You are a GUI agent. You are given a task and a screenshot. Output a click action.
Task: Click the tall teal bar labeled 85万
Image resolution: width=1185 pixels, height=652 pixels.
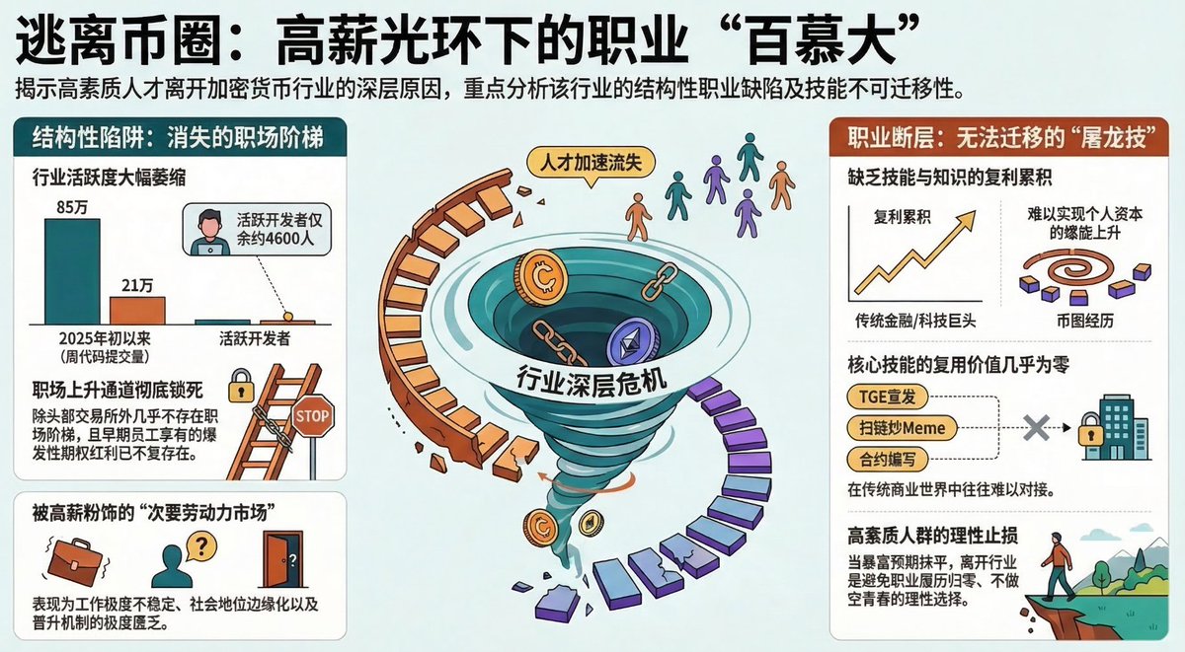click(x=72, y=270)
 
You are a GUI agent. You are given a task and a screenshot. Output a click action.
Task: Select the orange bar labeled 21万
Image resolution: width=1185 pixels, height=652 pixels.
click(x=137, y=310)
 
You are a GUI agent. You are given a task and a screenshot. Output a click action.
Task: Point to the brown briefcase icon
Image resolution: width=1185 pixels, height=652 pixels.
click(x=74, y=560)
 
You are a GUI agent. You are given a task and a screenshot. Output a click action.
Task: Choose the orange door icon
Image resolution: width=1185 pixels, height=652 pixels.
click(x=282, y=560)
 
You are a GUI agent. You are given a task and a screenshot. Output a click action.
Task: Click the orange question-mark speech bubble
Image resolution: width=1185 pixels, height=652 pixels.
click(x=200, y=544)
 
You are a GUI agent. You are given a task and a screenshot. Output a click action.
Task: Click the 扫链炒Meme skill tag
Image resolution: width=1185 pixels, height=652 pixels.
click(x=896, y=428)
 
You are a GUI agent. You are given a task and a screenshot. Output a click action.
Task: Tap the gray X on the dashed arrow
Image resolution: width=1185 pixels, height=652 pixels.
click(x=1035, y=428)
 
